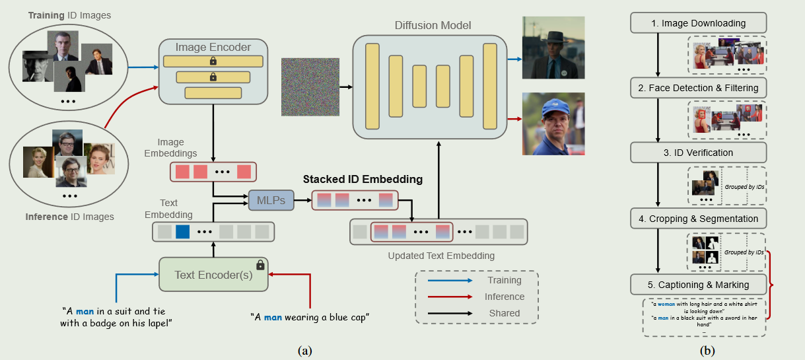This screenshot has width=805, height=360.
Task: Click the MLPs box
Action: click(271, 199)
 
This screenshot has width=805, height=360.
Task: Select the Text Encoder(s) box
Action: click(213, 274)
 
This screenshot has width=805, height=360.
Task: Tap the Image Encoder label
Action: click(213, 47)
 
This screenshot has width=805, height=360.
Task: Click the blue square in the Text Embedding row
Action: click(182, 232)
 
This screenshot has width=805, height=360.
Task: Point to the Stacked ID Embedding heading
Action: click(363, 179)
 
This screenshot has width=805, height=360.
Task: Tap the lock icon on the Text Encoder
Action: click(260, 265)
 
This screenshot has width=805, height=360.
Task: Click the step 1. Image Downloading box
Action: click(698, 24)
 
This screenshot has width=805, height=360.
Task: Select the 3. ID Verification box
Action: click(698, 153)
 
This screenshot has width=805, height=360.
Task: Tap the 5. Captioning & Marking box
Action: click(698, 285)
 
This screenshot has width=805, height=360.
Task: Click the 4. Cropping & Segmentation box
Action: click(698, 219)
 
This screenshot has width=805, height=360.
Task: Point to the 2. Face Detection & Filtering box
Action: click(698, 88)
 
